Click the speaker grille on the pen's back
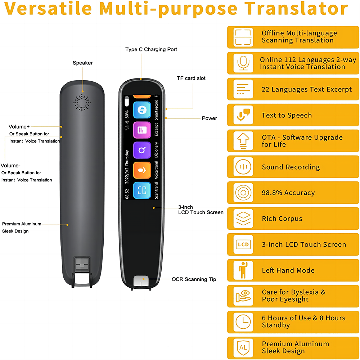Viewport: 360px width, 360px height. pyautogui.click(x=82, y=103)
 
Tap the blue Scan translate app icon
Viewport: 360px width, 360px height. pyautogui.click(x=142, y=190)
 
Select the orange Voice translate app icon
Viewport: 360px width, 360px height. pyautogui.click(x=142, y=170)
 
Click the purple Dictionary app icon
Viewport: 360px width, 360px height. pyautogui.click(x=142, y=150)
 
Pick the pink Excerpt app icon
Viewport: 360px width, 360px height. pyautogui.click(x=142, y=130)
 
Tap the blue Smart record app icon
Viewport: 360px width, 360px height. pyautogui.click(x=142, y=110)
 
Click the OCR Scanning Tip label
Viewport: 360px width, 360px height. pyautogui.click(x=194, y=279)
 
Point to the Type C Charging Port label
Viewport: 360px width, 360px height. pyautogui.click(x=151, y=49)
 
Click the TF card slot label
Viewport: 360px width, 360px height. pyautogui.click(x=191, y=78)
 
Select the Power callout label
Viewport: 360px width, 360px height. pyautogui.click(x=210, y=118)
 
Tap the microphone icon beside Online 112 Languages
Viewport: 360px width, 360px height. pyautogui.click(x=243, y=63)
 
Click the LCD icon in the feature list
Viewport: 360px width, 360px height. pyautogui.click(x=243, y=244)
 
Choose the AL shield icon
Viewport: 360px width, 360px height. pyautogui.click(x=243, y=347)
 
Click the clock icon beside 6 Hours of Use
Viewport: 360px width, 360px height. pyautogui.click(x=243, y=321)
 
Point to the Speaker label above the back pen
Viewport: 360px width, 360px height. pyautogui.click(x=83, y=63)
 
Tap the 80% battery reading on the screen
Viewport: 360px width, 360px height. pyautogui.click(x=127, y=114)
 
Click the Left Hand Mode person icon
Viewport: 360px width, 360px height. pyautogui.click(x=243, y=270)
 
